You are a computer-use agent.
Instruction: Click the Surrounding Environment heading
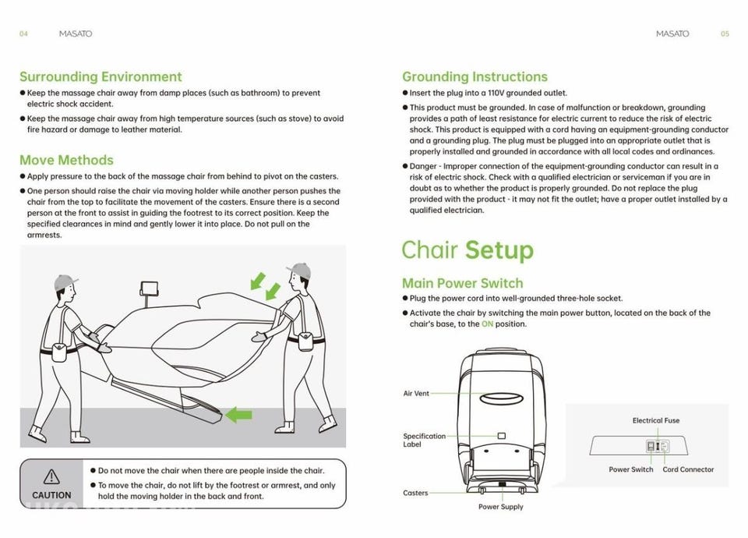click(x=101, y=76)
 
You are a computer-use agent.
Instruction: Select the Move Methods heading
click(x=66, y=160)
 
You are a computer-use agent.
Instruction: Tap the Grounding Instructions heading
click(x=475, y=76)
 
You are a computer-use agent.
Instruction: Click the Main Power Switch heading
click(x=462, y=283)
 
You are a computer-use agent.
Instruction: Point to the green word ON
click(x=487, y=324)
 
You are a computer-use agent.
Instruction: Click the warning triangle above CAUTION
click(x=51, y=476)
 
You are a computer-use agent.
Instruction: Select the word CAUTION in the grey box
click(x=51, y=495)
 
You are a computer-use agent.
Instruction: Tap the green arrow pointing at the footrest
click(x=238, y=415)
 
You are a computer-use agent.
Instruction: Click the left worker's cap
click(x=65, y=281)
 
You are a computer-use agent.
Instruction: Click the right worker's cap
click(x=299, y=271)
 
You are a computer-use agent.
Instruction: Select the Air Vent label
click(x=416, y=394)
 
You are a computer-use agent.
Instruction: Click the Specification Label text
click(x=424, y=441)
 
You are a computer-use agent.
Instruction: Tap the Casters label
click(x=415, y=493)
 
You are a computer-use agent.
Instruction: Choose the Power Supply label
click(x=500, y=507)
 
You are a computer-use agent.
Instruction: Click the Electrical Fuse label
click(x=655, y=420)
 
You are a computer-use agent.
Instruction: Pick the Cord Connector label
click(x=688, y=469)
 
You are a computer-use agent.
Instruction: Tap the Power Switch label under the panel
click(x=631, y=469)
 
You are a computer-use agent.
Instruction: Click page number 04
click(x=23, y=34)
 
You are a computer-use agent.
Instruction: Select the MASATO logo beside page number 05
click(x=672, y=34)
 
